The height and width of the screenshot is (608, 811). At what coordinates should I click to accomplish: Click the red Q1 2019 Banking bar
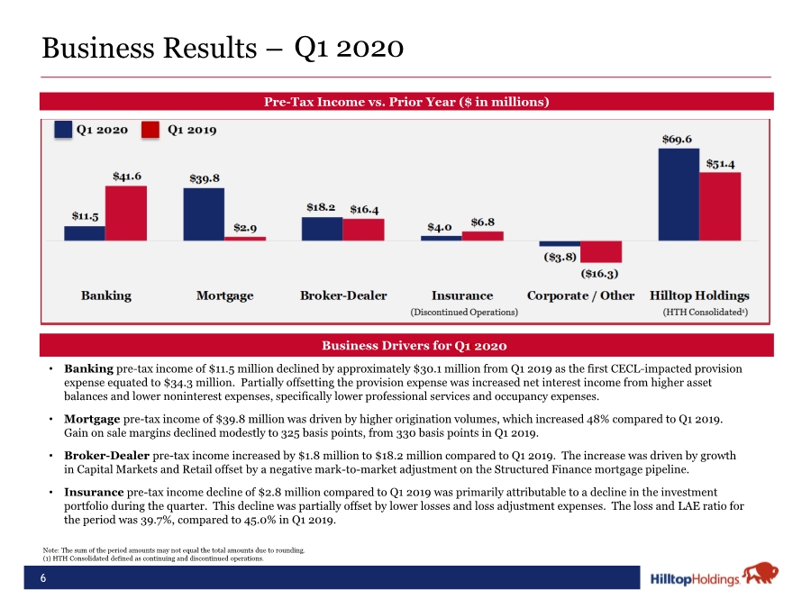(x=126, y=213)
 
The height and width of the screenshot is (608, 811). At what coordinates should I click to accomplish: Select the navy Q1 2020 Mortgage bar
(x=204, y=214)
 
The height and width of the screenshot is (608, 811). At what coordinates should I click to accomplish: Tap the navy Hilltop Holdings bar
(x=679, y=195)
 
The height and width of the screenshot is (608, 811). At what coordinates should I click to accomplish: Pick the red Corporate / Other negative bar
(x=601, y=252)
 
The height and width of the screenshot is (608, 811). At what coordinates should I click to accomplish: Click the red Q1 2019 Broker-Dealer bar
(x=364, y=230)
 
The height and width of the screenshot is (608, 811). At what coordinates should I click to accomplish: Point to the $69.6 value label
(x=677, y=139)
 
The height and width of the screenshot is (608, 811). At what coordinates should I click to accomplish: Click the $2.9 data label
(x=245, y=228)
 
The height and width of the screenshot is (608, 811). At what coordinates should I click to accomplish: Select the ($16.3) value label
(x=599, y=274)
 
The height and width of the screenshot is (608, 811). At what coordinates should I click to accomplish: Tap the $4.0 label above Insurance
(x=440, y=227)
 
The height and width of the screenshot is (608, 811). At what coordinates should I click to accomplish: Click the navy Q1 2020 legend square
(x=63, y=129)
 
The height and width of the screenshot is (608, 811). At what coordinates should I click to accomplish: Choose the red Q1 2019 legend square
(x=150, y=129)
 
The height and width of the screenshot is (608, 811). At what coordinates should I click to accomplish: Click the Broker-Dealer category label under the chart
(x=343, y=295)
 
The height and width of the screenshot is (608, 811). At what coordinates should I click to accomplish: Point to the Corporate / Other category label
(x=580, y=295)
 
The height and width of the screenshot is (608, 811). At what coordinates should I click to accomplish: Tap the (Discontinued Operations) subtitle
(x=464, y=313)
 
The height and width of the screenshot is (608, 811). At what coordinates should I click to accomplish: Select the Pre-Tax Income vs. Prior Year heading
(x=406, y=101)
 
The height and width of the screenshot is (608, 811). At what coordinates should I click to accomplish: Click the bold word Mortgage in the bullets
(x=92, y=419)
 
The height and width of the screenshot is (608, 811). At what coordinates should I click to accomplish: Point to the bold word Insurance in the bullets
(x=94, y=492)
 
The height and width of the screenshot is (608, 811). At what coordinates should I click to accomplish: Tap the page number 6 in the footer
(x=43, y=578)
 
